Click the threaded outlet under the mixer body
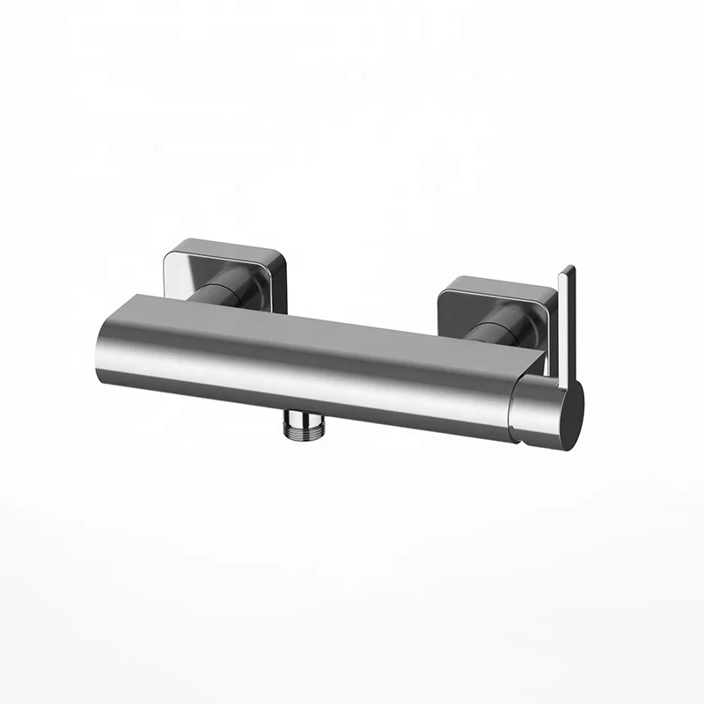pyautogui.click(x=301, y=427)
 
